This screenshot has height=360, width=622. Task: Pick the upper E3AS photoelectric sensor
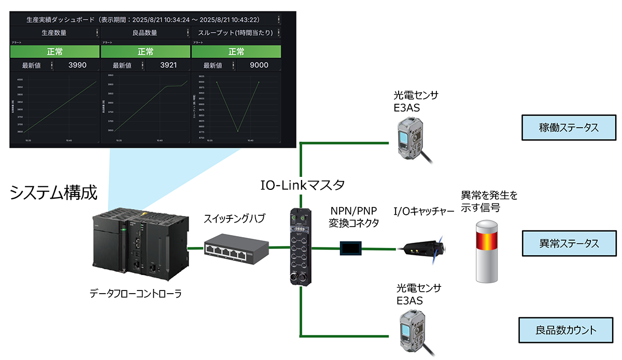(411, 137)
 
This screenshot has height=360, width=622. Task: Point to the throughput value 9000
(259, 65)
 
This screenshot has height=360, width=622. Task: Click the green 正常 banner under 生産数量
(54, 52)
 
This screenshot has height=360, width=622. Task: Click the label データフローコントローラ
(136, 294)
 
